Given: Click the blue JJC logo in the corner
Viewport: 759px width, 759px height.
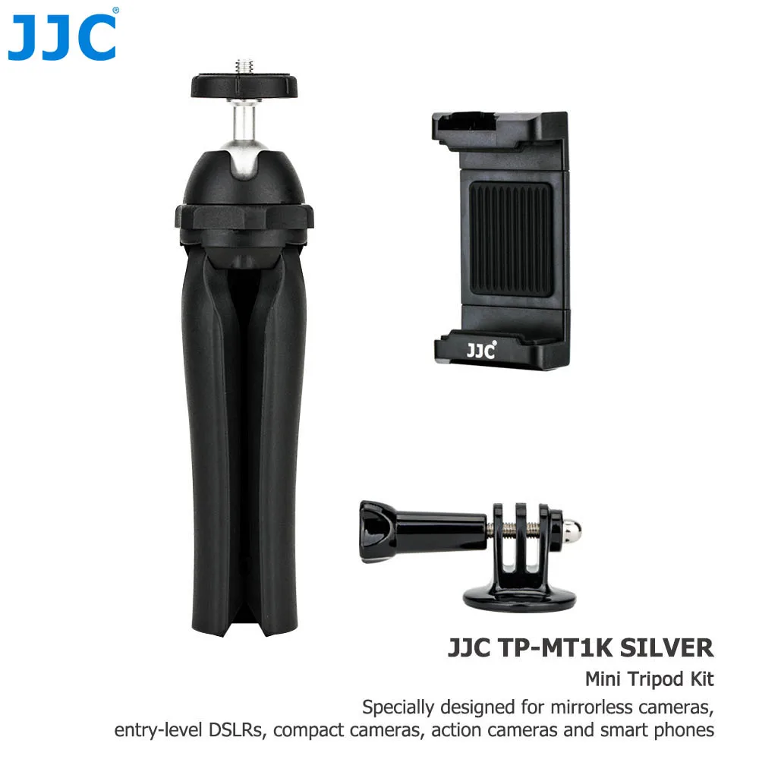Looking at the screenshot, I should tap(62, 35).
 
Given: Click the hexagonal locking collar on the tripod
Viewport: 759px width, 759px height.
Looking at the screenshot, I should tap(244, 217).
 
